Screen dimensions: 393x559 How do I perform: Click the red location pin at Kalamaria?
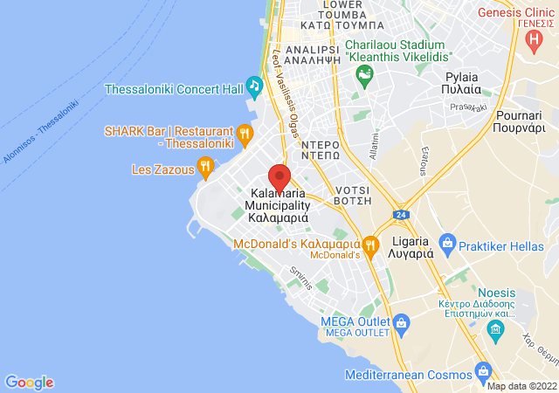279,177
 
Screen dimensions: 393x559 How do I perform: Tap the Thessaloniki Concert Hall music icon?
254,86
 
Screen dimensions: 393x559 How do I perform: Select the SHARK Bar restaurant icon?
245,134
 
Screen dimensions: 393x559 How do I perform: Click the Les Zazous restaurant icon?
205,164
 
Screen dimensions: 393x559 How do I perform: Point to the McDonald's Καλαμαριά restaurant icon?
370,245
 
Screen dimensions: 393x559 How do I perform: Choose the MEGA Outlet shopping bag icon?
401,323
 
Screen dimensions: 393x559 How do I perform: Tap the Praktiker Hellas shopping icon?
447,240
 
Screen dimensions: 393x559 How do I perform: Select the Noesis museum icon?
496,329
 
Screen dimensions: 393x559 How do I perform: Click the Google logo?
30,382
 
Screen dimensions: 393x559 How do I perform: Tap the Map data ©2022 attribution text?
521,386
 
